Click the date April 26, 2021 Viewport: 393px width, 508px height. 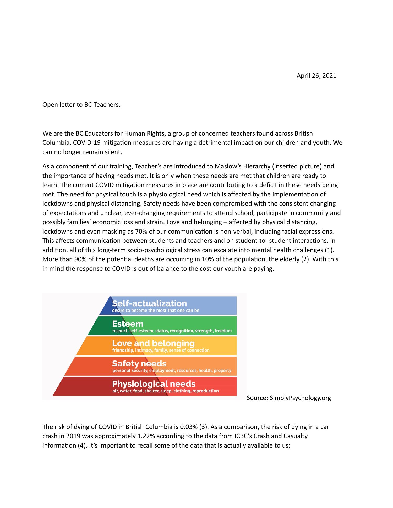(316, 76)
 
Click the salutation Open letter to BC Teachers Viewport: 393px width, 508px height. (81, 105)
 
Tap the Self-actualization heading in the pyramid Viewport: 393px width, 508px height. (149, 303)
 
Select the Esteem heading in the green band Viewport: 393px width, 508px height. (128, 324)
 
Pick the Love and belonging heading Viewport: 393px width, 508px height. (153, 343)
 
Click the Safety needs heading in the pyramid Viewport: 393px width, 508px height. (139, 364)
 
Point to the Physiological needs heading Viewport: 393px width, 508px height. (154, 384)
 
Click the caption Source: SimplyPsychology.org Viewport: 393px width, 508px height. (289, 398)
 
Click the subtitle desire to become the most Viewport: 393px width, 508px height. (156, 311)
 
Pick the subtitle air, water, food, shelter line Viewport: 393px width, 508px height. (165, 391)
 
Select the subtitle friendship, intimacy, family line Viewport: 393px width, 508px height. (161, 350)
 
